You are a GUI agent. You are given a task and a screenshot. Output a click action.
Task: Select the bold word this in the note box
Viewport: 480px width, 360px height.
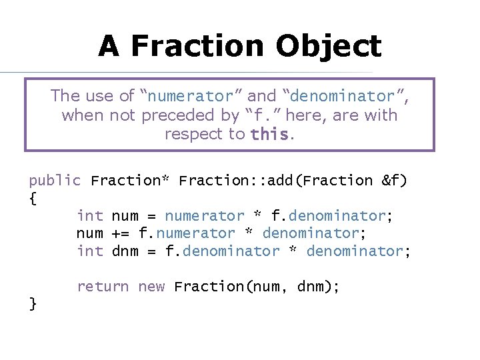(269, 135)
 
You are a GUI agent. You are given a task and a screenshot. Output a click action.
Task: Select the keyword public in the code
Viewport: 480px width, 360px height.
(55, 181)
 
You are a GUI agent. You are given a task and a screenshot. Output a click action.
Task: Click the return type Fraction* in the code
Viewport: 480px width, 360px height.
(130, 181)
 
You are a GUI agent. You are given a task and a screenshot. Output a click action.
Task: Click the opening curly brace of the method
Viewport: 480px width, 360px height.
(33, 199)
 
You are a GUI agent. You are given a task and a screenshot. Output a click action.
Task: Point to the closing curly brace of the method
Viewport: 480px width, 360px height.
(33, 304)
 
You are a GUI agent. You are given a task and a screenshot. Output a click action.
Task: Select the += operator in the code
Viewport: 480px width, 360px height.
(121, 234)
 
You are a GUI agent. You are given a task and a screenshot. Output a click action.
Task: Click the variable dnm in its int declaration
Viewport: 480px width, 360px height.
(125, 251)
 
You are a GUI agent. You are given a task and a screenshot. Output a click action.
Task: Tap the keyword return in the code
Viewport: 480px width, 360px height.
(103, 287)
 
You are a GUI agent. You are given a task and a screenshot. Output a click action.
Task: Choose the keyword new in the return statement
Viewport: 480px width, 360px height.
(151, 287)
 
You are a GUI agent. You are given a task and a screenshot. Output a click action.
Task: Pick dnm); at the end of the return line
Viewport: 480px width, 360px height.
(317, 287)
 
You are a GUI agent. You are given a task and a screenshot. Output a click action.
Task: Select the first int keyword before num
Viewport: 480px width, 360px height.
(90, 216)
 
